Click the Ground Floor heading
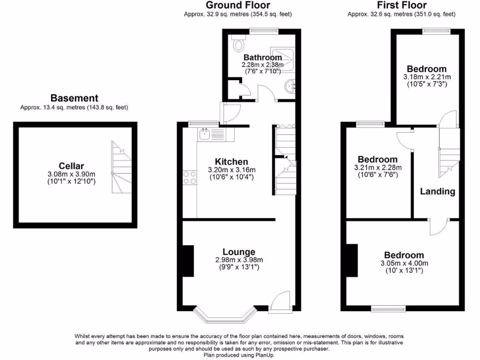click(238, 5)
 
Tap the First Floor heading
click(402, 5)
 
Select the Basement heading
click(74, 98)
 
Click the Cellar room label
click(71, 165)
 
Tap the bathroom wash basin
click(290, 86)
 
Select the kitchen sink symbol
click(205, 135)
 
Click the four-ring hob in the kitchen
click(190, 177)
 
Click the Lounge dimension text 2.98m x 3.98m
click(239, 260)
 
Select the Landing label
click(437, 191)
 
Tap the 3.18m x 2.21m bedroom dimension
click(427, 77)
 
